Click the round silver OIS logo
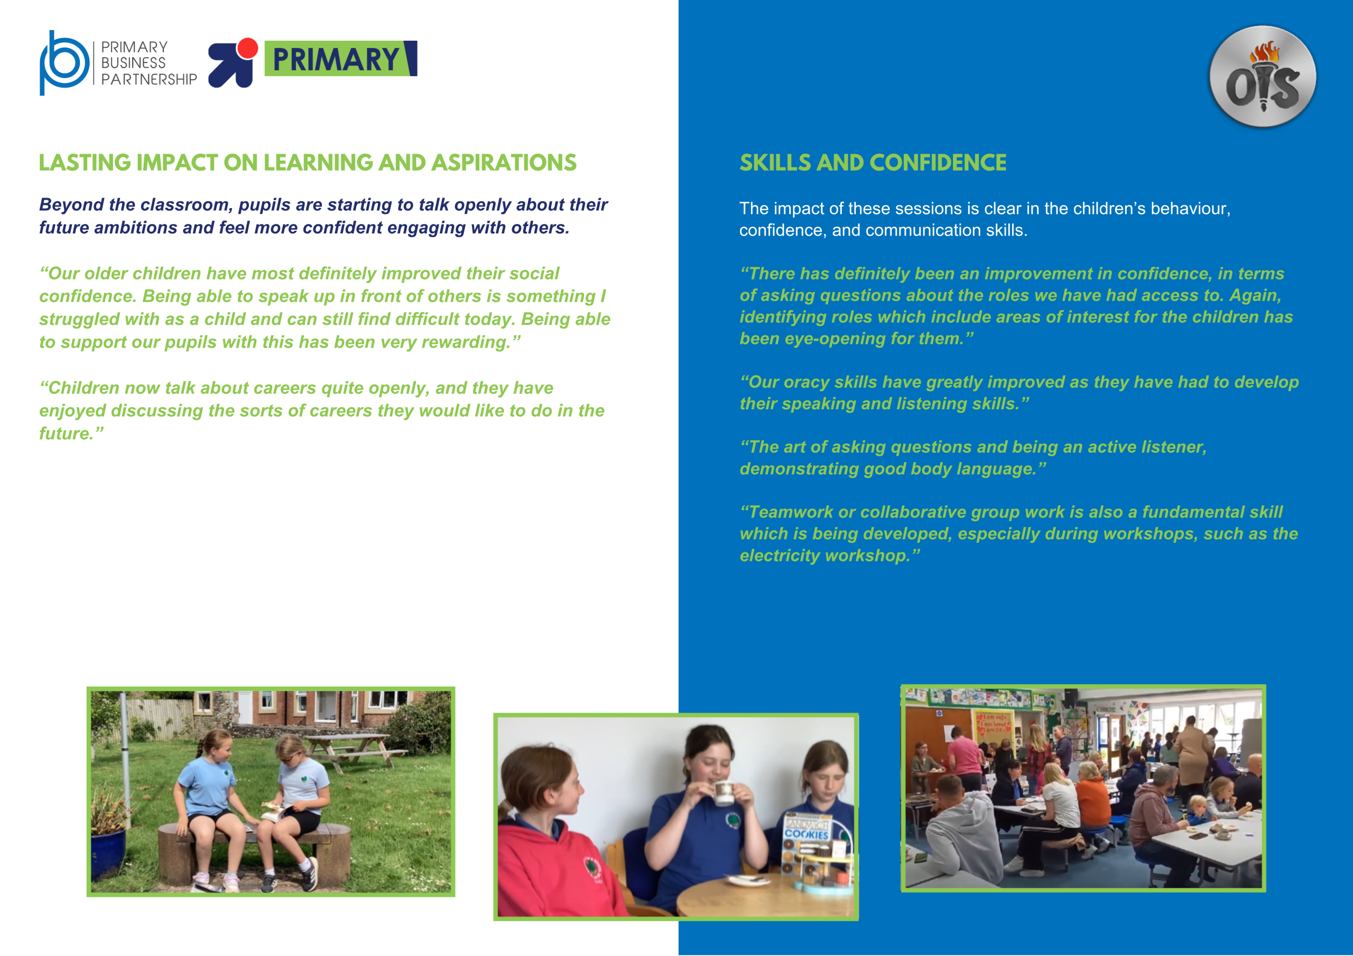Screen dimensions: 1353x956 click(x=1262, y=77)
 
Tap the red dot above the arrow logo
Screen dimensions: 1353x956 click(x=247, y=48)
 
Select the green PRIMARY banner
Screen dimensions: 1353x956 click(x=340, y=58)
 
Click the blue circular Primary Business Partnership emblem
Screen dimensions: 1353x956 click(x=63, y=62)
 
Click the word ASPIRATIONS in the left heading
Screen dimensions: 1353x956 click(x=504, y=163)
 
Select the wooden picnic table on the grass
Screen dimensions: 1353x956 click(x=354, y=751)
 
